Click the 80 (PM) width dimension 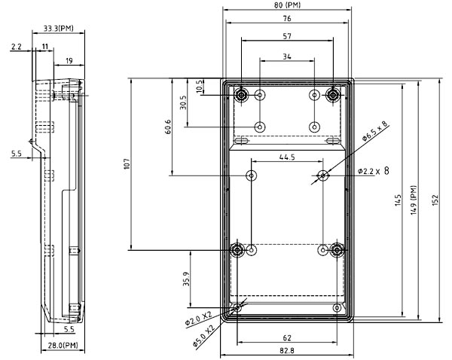click(x=288, y=7)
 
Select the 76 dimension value click(x=287, y=19)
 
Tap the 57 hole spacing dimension click(x=287, y=36)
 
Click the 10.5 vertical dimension click(x=200, y=86)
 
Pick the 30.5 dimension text click(x=183, y=102)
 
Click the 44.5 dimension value click(x=287, y=157)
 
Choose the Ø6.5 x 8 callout click(x=374, y=133)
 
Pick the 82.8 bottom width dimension click(x=287, y=351)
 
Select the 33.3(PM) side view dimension click(x=59, y=28)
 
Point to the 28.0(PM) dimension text click(x=60, y=345)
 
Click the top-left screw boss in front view click(x=242, y=95)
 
